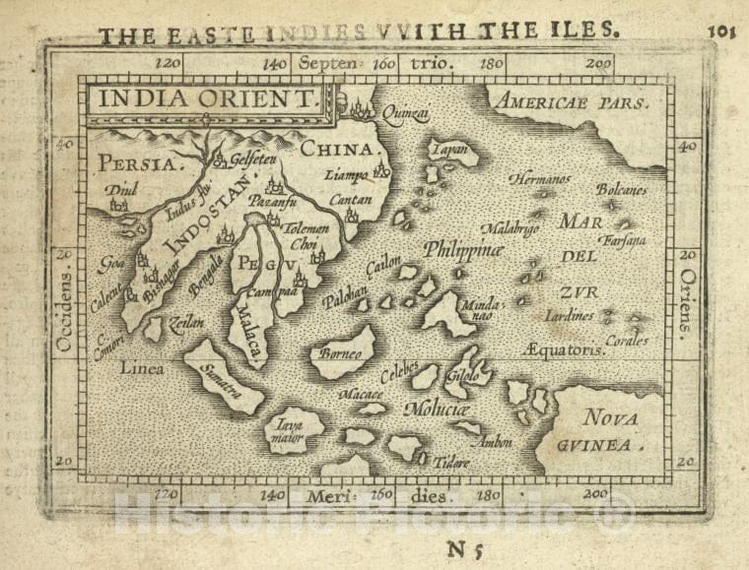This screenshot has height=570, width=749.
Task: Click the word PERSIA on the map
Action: pos(136,164)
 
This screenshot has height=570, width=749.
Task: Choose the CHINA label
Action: pos(340,150)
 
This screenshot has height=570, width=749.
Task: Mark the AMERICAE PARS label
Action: pos(572,101)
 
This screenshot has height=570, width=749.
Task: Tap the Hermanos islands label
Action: pos(540,179)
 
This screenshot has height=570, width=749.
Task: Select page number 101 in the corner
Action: pos(722,30)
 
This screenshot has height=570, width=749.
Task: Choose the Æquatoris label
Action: pos(562,348)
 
